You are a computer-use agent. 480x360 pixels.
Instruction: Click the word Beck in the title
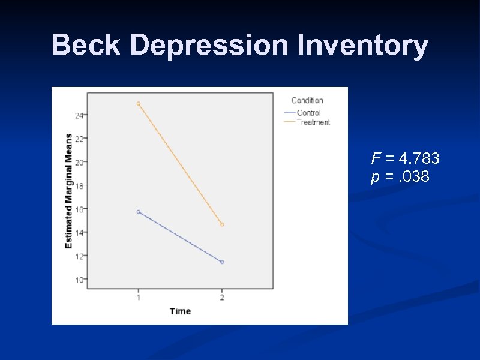coord(85,45)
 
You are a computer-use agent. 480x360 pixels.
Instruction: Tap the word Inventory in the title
coord(361,45)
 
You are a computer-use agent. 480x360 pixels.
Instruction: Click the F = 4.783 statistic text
coord(405,158)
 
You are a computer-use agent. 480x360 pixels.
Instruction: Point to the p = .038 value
coord(400,177)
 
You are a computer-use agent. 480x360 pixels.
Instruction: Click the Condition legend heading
coord(307,100)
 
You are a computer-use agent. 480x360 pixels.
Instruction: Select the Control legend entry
coord(308,112)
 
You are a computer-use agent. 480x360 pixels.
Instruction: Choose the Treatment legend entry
coord(313,122)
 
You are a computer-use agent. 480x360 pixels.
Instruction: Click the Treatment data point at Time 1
coord(139,104)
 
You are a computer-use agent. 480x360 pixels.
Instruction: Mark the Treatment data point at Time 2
coord(222,224)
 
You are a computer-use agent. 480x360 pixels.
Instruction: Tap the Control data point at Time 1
coord(139,212)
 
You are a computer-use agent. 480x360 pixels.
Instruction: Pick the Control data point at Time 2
coord(222,262)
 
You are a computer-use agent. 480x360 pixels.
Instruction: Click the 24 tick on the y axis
coord(79,115)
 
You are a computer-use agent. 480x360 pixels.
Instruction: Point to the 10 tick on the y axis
coord(79,280)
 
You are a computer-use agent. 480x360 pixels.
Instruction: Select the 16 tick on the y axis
coord(79,209)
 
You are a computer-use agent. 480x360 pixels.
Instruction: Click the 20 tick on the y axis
coord(79,162)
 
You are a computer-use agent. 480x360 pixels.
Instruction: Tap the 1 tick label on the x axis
coord(139,297)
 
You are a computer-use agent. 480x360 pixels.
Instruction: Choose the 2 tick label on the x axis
coord(222,297)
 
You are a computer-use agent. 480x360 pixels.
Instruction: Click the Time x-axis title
coord(180,311)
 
